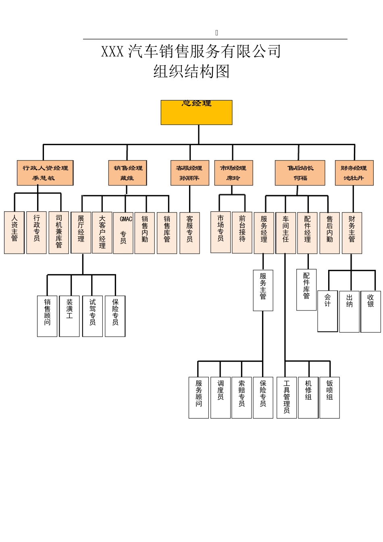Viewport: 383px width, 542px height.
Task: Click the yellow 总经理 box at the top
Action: click(196, 112)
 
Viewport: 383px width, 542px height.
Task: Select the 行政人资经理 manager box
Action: click(45, 173)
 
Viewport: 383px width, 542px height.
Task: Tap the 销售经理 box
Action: click(127, 173)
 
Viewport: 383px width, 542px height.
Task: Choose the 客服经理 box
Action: click(189, 173)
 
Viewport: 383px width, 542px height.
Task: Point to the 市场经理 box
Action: click(233, 173)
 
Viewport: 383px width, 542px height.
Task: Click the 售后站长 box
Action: click(300, 173)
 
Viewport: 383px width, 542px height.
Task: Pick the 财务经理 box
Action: click(354, 173)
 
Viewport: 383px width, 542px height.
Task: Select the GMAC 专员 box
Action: click(123, 233)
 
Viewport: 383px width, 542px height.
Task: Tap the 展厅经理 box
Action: click(81, 232)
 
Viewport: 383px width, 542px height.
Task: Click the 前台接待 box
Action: click(242, 232)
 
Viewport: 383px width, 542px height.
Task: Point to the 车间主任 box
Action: click(285, 233)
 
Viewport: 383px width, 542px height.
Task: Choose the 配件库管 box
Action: click(306, 290)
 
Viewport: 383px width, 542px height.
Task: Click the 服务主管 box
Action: click(263, 290)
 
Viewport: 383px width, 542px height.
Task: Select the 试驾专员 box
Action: click(92, 316)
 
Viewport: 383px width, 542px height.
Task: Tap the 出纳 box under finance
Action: click(349, 311)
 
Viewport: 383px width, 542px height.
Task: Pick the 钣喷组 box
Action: click(329, 397)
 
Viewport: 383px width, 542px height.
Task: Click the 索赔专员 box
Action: click(241, 397)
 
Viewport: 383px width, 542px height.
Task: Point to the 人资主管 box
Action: click(15, 232)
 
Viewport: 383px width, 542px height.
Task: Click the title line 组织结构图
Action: click(191, 72)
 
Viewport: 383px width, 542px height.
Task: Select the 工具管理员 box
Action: click(287, 397)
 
